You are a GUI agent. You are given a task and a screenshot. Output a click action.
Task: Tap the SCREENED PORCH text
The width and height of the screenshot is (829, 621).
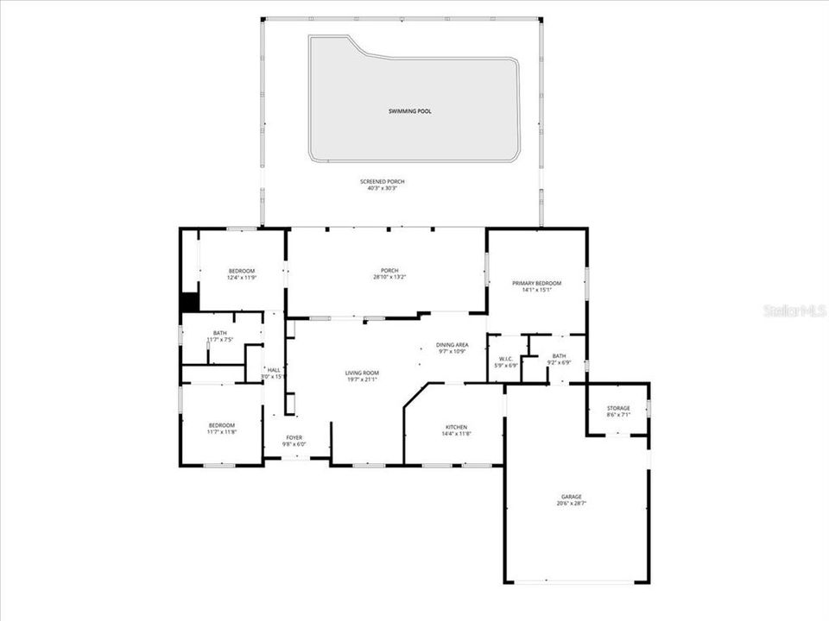coord(383,181)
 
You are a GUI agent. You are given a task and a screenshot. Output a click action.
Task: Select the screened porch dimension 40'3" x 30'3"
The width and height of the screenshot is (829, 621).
coord(383,188)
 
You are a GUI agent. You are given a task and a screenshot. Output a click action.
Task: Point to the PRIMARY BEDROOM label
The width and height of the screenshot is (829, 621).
coord(536,283)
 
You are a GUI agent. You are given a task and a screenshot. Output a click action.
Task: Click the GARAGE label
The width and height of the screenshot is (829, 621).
coord(572,496)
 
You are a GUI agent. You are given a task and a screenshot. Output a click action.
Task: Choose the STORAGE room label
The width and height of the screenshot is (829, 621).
coord(618,408)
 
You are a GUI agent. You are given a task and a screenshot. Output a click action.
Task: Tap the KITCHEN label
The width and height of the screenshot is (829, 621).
coord(456,427)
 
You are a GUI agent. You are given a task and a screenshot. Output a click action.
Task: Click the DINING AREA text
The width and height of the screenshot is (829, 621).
coord(452,345)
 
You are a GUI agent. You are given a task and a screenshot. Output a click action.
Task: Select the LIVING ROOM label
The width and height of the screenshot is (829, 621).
coord(362,373)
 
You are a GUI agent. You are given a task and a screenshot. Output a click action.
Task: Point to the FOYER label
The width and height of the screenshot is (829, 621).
coord(294,438)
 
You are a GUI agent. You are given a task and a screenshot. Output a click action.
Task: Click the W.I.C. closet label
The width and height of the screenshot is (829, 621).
coord(506,360)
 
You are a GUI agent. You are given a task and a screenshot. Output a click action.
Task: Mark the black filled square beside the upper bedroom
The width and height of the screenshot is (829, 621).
coord(189,303)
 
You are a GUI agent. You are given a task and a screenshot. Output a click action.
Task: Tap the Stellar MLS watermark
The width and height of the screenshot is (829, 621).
coord(794,310)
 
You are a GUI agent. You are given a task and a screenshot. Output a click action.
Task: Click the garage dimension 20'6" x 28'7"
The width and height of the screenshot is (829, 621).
coord(572,503)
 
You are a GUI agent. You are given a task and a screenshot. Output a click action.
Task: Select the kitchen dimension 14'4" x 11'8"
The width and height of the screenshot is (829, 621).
coord(456,434)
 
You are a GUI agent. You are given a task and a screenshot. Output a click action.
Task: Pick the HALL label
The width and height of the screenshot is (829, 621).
coord(274,369)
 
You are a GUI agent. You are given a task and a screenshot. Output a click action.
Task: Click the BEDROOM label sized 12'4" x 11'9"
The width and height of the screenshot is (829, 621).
coord(241,271)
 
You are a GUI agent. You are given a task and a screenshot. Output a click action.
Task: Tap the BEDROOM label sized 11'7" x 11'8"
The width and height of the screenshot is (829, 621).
coord(221,425)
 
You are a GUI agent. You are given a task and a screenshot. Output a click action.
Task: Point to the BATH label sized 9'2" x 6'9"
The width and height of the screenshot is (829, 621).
coord(560,355)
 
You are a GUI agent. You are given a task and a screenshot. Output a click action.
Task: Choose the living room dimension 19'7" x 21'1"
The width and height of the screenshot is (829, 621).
coord(362,379)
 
